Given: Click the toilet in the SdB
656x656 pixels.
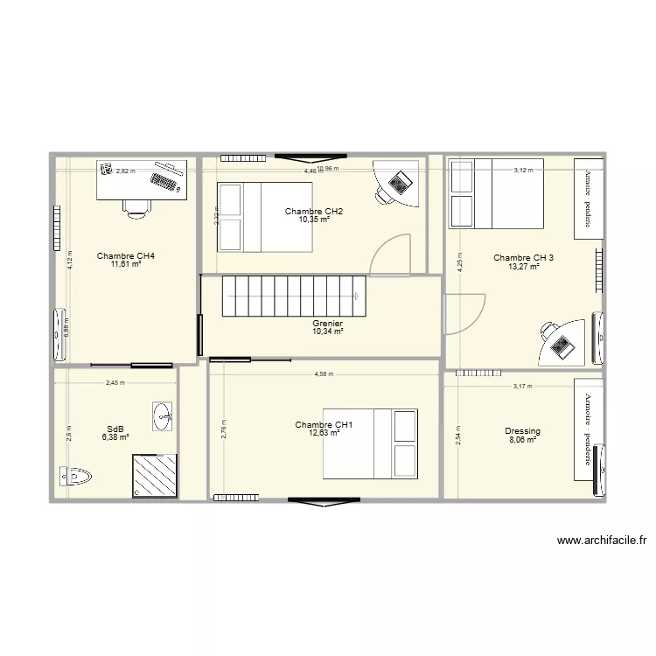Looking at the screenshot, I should pos(76,477).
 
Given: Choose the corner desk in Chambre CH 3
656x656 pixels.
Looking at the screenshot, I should pos(562,341).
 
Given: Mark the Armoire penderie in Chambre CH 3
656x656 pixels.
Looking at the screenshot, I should pos(589,199).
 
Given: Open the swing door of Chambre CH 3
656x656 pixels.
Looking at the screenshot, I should pos(464,312).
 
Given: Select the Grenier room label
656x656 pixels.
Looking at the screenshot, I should pos(326,324).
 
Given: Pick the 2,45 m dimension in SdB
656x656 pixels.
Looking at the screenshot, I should pos(115,383).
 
